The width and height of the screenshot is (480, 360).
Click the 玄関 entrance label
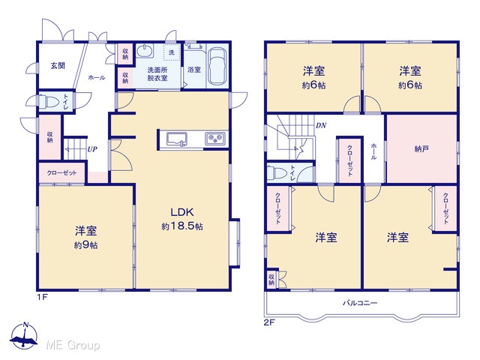click(58, 65)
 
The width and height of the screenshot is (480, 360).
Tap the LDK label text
click(182, 211)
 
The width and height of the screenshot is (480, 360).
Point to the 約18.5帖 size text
click(182, 226)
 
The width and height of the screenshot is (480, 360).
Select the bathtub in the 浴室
click(217, 66)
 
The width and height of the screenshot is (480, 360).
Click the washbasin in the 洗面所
click(145, 51)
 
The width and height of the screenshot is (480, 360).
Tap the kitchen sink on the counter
click(177, 139)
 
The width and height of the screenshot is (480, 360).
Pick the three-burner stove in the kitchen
click(215, 139)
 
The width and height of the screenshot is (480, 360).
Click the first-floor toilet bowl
click(48, 101)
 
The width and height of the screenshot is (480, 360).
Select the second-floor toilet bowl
click(277, 173)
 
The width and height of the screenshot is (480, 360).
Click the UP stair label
click(92, 149)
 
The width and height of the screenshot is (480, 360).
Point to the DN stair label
click(321, 125)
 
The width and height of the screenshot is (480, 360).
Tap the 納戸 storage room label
click(421, 149)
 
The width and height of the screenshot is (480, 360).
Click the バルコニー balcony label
click(360, 303)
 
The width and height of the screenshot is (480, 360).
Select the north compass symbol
click(24, 336)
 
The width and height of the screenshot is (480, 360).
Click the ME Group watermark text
click(73, 345)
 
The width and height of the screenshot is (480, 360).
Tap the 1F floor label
click(42, 297)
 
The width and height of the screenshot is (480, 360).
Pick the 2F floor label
click(269, 322)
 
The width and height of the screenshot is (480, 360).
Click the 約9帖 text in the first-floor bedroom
click(86, 245)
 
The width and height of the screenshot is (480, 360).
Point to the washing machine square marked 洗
click(172, 52)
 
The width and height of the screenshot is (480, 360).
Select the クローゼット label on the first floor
click(61, 173)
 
